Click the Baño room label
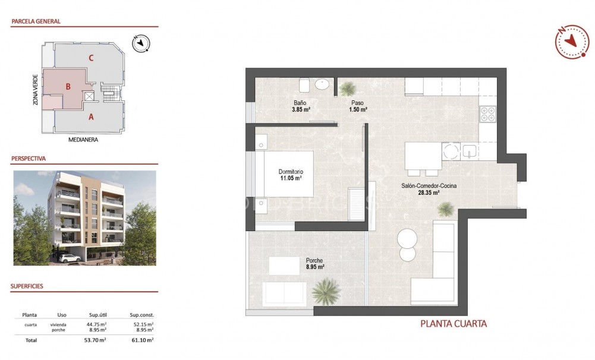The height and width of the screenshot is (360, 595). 299,102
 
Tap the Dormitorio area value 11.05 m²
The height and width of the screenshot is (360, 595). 291,178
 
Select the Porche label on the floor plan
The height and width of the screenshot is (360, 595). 314,260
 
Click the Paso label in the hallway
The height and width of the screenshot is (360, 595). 357,102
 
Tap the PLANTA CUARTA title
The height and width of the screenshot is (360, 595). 454,324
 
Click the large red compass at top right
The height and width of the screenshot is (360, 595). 571,42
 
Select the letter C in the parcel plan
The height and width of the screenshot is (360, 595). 91,58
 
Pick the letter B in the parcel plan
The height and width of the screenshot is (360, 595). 68,87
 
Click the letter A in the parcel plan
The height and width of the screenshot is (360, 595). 91,116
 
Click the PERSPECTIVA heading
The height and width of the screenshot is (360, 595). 29,159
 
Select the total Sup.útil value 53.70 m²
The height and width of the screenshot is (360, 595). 95,340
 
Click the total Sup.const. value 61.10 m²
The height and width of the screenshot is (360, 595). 141,340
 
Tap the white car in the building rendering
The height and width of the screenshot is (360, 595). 70,258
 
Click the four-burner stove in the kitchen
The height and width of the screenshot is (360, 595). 487,113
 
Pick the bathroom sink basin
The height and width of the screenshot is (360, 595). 323,85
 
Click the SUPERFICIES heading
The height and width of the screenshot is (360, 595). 27,286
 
